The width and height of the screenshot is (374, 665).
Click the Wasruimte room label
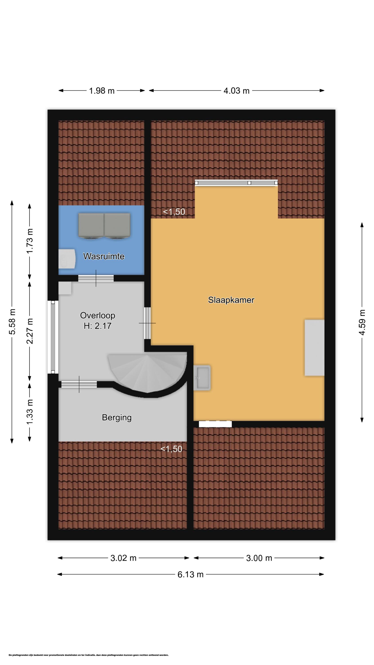coord(104,256)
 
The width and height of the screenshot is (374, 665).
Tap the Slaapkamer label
coord(231,300)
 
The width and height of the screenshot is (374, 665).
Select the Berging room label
coord(117,418)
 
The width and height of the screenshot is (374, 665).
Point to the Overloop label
coord(97,315)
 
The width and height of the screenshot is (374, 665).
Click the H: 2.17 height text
coord(97,326)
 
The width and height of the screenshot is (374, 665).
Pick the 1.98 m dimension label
coord(102,91)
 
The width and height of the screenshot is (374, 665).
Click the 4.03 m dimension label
coord(236,91)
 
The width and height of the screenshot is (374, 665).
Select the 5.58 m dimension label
coord(12,321)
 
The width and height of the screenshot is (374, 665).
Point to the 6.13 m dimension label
coord(191,574)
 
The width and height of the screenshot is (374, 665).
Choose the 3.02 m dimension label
coord(123,558)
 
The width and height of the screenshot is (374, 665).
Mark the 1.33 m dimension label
coord(30,411)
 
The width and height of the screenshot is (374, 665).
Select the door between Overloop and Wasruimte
coord(96,278)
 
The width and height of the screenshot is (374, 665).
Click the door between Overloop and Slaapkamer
coord(147,323)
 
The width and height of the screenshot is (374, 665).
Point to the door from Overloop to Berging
coord(79,384)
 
